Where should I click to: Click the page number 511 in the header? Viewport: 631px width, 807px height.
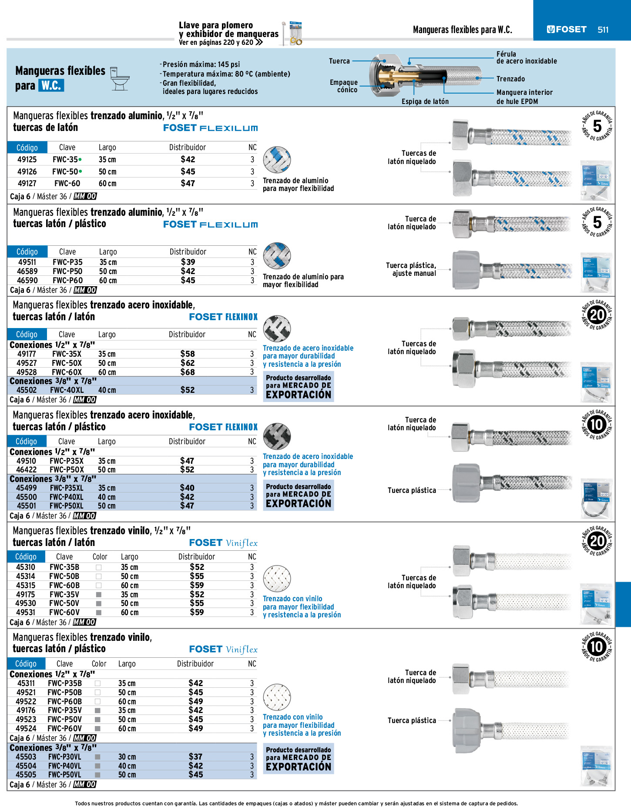(603, 30)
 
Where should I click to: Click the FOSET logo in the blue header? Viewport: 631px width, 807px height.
(567, 30)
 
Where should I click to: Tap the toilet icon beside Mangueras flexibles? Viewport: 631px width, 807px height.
(120, 79)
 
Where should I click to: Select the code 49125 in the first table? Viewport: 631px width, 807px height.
(27, 160)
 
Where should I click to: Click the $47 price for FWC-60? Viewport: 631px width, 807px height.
(188, 184)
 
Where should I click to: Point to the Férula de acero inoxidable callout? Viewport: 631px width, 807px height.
(526, 57)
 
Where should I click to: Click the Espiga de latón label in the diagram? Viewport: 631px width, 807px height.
(425, 101)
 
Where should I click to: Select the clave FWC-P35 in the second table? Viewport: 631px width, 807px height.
(67, 262)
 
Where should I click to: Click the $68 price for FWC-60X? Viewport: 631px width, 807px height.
(188, 372)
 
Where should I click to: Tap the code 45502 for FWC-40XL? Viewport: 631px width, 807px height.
(27, 390)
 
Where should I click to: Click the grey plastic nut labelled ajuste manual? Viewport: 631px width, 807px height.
(466, 270)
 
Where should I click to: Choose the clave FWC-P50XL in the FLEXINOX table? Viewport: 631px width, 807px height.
(66, 506)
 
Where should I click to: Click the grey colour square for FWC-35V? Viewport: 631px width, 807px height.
(99, 595)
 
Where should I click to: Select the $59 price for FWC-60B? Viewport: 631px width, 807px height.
(197, 586)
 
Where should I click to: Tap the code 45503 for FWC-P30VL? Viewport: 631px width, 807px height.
(26, 757)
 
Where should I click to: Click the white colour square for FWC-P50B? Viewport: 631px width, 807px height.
(97, 693)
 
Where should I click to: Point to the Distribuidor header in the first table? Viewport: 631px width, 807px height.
(187, 147)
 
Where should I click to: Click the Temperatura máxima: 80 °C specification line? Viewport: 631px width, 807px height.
(226, 74)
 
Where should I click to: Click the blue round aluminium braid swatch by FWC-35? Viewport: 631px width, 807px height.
(277, 160)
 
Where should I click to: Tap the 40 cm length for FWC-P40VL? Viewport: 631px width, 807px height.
(127, 766)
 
